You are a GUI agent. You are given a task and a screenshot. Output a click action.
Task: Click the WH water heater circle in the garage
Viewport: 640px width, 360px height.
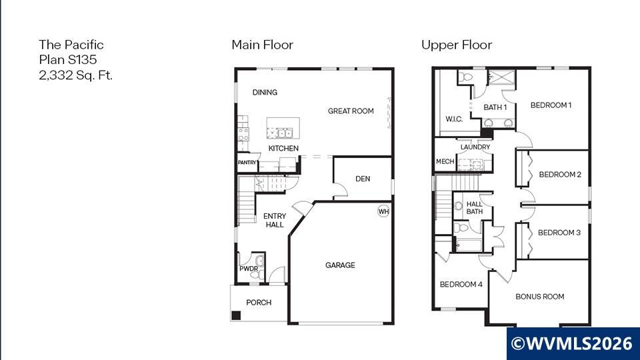[x=383, y=211]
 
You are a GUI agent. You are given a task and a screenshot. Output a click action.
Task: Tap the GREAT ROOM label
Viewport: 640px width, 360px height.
[x=351, y=111]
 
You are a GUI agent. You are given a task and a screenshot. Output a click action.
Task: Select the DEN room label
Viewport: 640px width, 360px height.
[x=363, y=179]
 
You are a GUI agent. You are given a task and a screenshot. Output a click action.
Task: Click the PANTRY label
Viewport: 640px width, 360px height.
[x=247, y=163]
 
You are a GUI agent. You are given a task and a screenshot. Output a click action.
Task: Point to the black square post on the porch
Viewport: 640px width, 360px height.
[x=236, y=315]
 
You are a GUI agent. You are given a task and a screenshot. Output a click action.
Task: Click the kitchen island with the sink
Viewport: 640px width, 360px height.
[x=283, y=128]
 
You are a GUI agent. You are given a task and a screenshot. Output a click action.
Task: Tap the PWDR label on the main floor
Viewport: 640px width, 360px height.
[x=249, y=269]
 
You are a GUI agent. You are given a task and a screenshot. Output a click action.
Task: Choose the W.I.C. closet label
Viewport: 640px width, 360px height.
[x=454, y=119]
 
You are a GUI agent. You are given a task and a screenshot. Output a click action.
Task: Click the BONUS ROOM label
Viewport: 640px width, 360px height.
[x=539, y=297]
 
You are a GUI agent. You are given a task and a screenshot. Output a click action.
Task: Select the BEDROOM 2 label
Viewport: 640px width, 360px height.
[x=560, y=175]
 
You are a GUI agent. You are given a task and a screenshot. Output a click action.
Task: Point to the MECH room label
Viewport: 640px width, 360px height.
[x=445, y=161]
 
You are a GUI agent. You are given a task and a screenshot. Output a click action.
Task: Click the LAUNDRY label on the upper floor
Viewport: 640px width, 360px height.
[x=475, y=147]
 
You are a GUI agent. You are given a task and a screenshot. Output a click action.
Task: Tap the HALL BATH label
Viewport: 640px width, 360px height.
[x=474, y=208]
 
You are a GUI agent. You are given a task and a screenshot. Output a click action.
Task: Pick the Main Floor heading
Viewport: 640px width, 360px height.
[x=263, y=45]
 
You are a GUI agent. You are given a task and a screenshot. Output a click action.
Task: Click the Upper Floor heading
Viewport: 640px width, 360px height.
[x=456, y=45]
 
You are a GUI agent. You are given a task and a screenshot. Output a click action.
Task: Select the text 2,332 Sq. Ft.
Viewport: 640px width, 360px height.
[x=75, y=75]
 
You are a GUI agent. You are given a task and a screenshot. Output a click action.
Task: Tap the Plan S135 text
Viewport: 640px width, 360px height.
[x=68, y=59]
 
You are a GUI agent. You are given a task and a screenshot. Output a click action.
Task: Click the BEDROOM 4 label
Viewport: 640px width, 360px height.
[x=461, y=285]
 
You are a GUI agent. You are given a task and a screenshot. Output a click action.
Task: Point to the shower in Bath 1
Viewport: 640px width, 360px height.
[x=501, y=77]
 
